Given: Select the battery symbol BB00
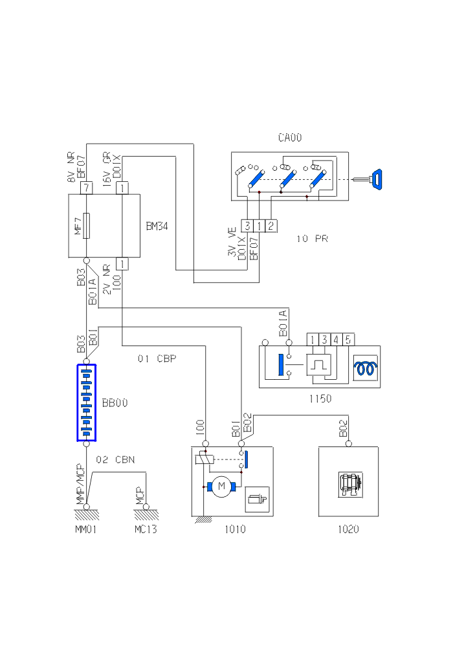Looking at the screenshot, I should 86,402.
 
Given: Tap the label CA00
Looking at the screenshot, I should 290,137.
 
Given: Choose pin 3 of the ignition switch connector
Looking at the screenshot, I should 247,225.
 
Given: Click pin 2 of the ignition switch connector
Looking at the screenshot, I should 271,225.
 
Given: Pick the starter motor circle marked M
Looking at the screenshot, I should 222,485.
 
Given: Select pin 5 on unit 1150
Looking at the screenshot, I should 348,339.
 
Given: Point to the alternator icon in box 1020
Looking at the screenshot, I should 348,484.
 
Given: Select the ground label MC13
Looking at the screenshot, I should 146,529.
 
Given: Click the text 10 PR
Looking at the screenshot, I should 312,239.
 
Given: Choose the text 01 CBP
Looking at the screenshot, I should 157,358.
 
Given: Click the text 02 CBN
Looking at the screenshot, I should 115,460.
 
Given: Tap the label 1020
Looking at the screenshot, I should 348,529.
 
